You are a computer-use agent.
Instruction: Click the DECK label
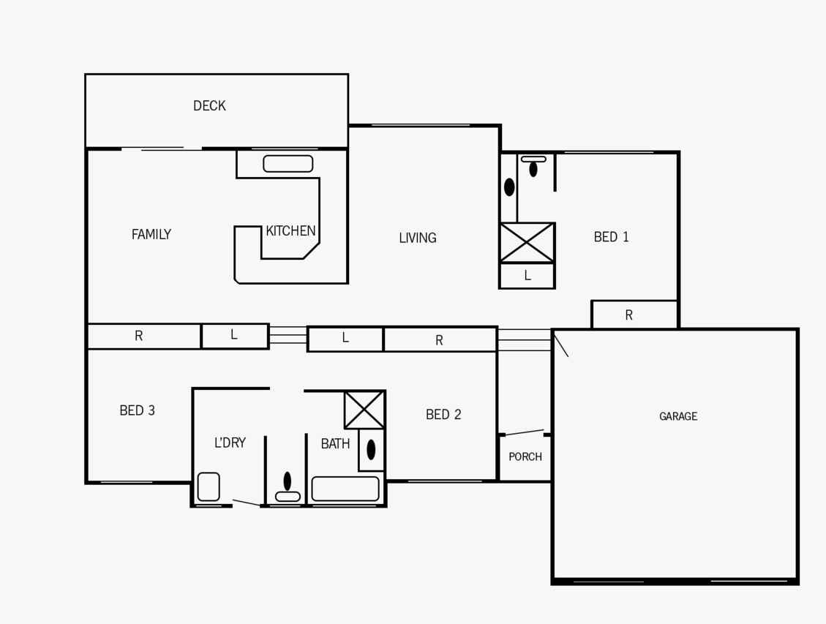tap(209, 106)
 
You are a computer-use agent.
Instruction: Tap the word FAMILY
tap(151, 234)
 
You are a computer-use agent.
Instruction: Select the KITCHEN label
tap(290, 230)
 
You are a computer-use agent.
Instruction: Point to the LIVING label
tap(417, 238)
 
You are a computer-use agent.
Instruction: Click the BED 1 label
tap(611, 237)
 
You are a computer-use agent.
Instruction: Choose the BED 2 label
tap(443, 415)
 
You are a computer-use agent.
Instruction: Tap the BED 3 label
tap(137, 410)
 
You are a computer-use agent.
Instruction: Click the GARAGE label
tap(678, 416)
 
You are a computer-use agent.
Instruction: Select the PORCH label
tap(525, 457)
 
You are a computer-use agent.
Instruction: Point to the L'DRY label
tap(230, 443)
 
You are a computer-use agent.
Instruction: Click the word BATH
tap(335, 444)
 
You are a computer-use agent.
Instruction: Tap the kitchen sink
tap(288, 164)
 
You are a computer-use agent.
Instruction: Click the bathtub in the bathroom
tap(345, 489)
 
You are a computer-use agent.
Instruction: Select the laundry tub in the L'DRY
tap(209, 487)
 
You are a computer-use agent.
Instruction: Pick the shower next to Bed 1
tap(527, 243)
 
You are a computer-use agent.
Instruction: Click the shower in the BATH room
tap(364, 410)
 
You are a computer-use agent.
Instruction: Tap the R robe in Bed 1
tap(634, 315)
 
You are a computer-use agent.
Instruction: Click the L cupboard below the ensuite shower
tap(527, 275)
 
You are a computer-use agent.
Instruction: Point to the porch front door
tap(524, 432)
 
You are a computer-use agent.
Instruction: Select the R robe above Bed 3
tap(144, 336)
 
